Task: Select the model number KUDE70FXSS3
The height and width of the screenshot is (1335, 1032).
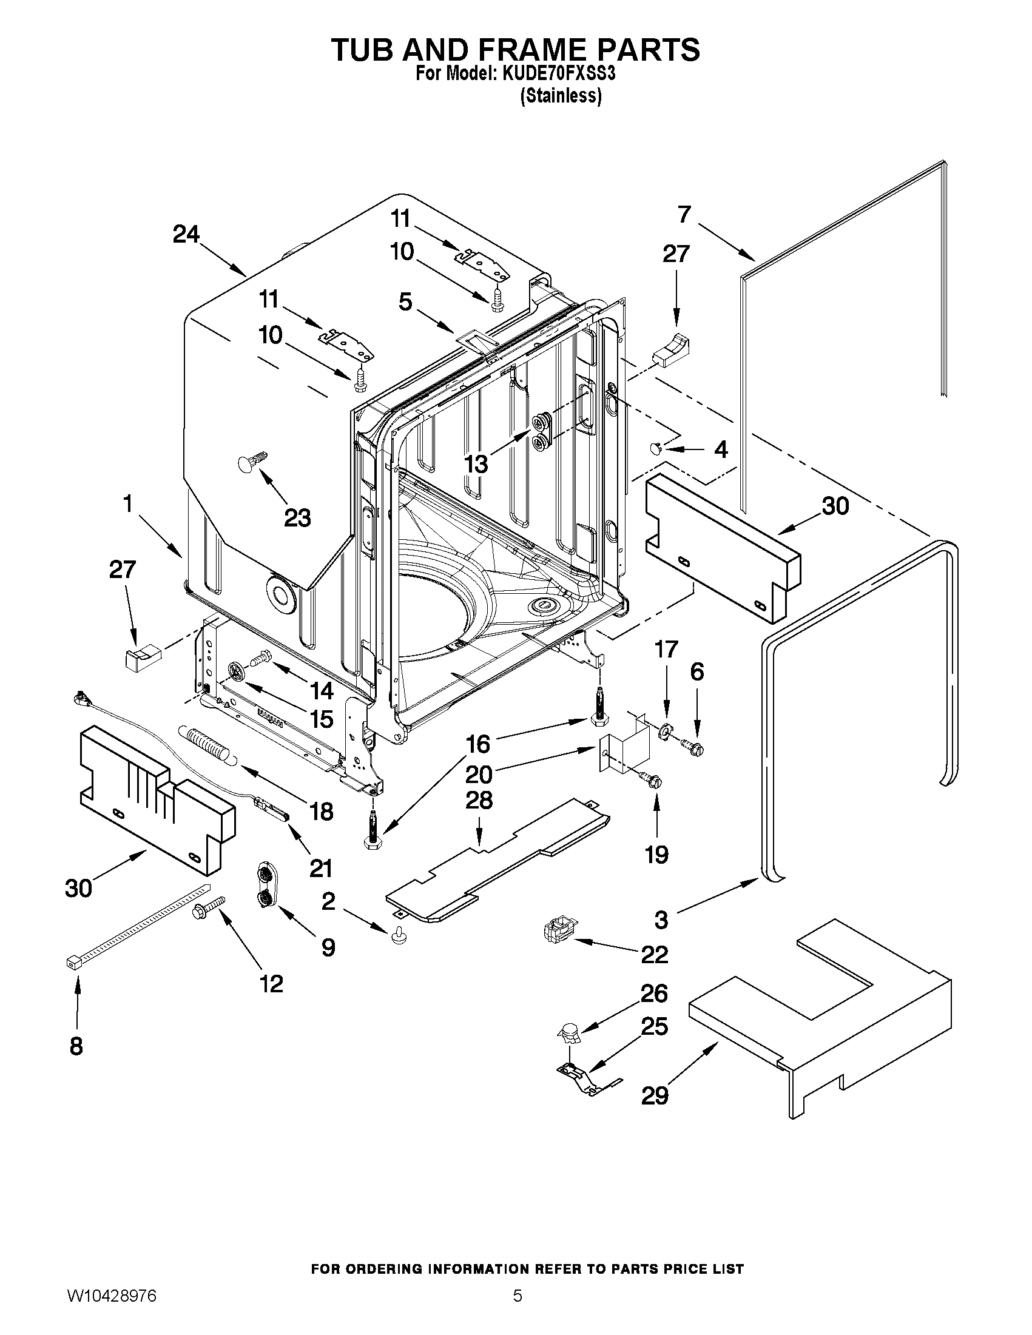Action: point(558,75)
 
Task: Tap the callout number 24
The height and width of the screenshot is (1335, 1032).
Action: point(186,234)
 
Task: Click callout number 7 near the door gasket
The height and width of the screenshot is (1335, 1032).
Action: point(684,215)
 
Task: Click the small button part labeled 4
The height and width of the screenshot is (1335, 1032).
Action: point(655,449)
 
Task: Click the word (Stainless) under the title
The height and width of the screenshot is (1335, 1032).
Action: point(561,96)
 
